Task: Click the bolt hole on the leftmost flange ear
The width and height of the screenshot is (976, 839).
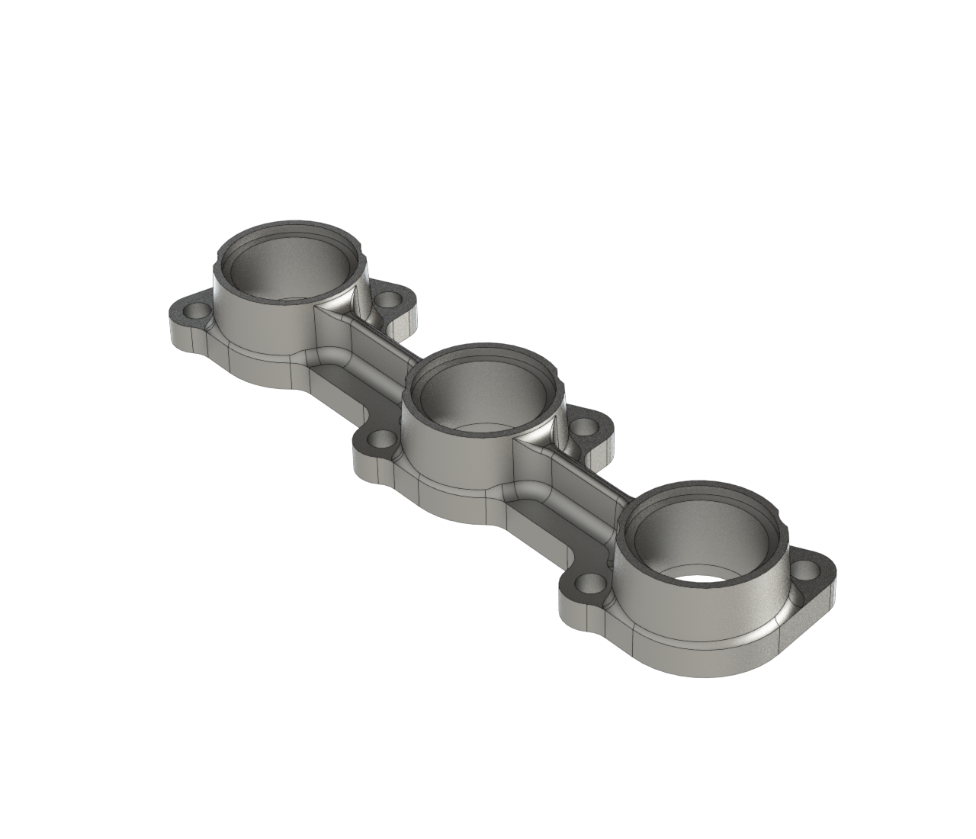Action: click(x=197, y=311)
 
